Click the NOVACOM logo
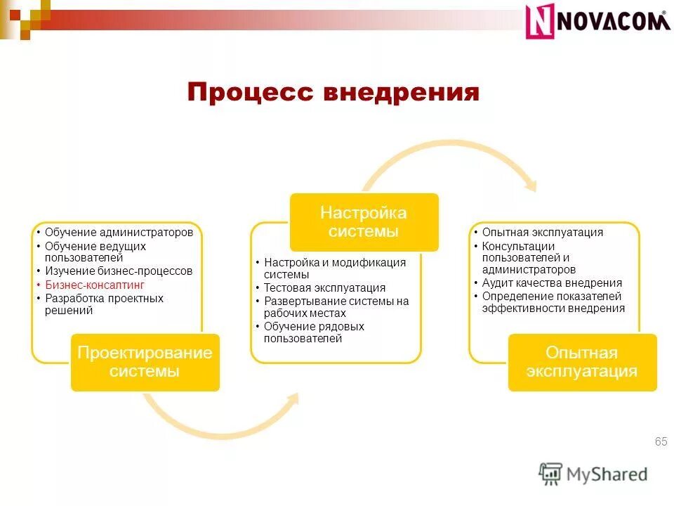coord(597,21)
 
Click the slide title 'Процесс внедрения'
coord(333,93)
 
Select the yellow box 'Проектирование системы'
coord(145,362)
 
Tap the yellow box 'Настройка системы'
coord(364,221)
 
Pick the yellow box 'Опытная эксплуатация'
coord(582,362)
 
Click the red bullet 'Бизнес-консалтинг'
coord(94,285)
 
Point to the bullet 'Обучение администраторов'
coord(118,232)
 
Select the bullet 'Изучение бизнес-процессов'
coord(118,271)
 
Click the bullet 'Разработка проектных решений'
coord(103,304)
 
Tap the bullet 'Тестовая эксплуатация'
coord(324,287)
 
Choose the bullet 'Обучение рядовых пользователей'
coord(313,332)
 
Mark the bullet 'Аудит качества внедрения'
coord(552,283)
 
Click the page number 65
coord(660,441)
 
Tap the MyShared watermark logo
coord(593,474)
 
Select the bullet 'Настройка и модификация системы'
coord(334,268)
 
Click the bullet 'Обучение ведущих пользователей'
coord(95,252)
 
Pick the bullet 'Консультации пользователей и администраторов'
coord(528,258)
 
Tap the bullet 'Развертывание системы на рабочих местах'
coord(336,307)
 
